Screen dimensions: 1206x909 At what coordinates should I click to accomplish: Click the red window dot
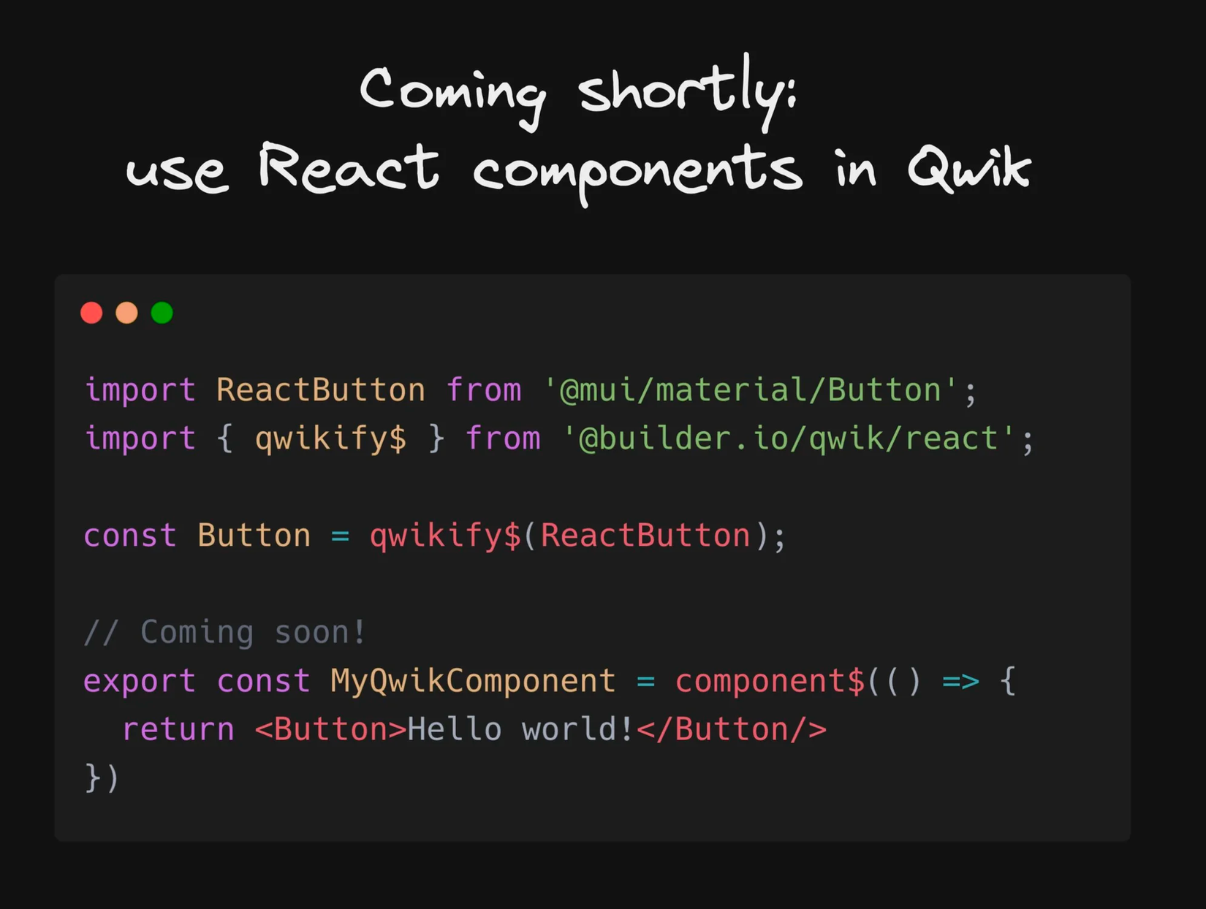tap(91, 313)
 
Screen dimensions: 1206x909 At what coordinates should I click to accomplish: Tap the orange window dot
tap(126, 313)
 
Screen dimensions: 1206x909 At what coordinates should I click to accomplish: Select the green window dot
tap(162, 313)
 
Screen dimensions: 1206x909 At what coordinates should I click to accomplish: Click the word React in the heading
tap(349, 167)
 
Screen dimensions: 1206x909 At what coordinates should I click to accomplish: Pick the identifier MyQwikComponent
tap(473, 682)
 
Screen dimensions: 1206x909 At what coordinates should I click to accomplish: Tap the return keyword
tap(178, 729)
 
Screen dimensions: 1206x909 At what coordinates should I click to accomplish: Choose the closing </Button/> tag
tap(732, 729)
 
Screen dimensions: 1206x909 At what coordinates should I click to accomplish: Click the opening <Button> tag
tap(331, 729)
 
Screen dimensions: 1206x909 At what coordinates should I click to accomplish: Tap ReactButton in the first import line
tap(320, 390)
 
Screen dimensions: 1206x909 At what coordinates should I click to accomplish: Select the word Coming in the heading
tap(452, 94)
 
